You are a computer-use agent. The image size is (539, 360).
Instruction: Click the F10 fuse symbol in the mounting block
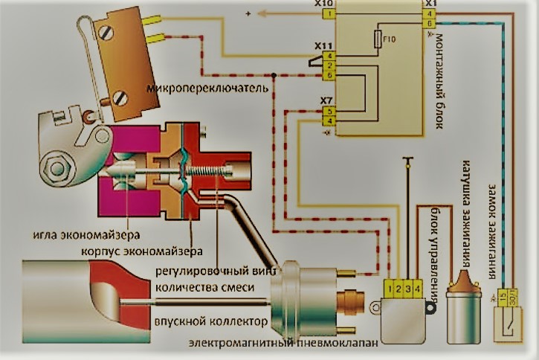pyautogui.click(x=381, y=37)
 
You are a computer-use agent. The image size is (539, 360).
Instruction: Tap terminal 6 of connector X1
pyautogui.click(x=430, y=23)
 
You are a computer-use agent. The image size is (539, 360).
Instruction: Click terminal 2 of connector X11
pyautogui.click(x=328, y=66)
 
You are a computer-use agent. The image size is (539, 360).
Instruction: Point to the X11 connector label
pyautogui.click(x=324, y=46)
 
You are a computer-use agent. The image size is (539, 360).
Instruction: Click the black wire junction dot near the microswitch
pyautogui.click(x=274, y=75)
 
